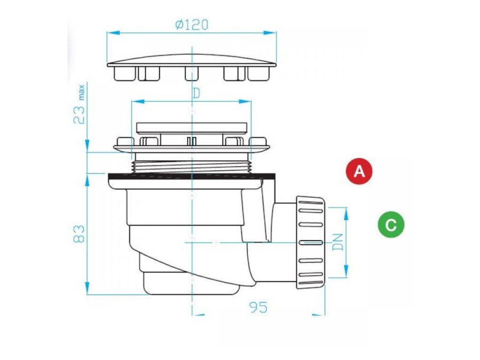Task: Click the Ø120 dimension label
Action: (191, 25)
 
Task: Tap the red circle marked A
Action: (359, 171)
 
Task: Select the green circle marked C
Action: (391, 225)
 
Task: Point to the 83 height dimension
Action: (79, 234)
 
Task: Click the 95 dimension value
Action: (258, 307)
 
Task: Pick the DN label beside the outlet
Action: (338, 242)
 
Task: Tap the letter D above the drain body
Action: (196, 93)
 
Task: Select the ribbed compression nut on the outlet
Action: (310, 243)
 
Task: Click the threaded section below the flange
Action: (191, 167)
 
